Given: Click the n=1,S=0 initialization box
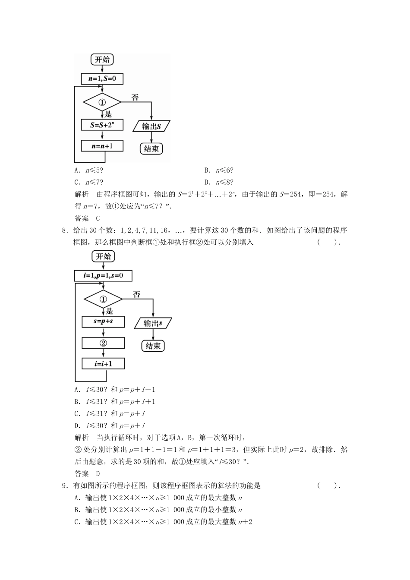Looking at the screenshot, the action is (102, 79).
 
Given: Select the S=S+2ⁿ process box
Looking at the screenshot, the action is (102, 125).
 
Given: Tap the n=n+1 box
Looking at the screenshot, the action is (102, 146).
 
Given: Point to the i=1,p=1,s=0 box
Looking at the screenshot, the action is (103, 275).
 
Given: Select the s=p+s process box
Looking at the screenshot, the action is (103, 322).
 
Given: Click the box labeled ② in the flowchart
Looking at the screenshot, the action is (103, 343).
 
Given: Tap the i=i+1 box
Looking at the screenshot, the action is (103, 364).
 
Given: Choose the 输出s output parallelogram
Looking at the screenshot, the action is (153, 323).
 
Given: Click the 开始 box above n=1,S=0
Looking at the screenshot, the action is (102, 60).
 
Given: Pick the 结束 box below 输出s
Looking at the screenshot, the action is (153, 346).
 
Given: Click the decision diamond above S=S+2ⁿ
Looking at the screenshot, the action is (102, 102).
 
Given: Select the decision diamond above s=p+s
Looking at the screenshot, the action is (103, 299).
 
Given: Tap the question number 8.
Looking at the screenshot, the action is (64, 230).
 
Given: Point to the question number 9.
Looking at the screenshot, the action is (64, 485).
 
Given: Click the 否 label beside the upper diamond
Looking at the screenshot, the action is (135, 98).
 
